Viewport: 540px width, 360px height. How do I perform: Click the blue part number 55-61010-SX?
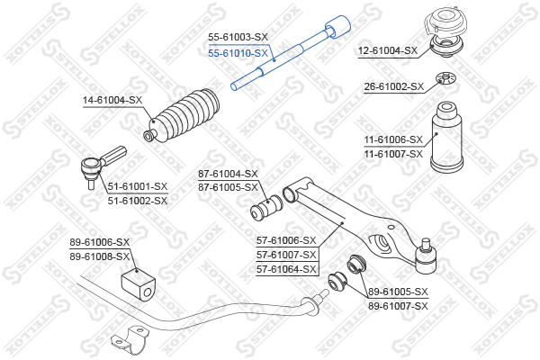[238, 53]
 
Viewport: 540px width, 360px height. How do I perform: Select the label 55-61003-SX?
[238, 37]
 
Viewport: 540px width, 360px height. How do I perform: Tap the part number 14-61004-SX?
[112, 100]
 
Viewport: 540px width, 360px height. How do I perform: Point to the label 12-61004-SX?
[388, 50]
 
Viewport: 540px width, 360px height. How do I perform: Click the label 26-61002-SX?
[394, 86]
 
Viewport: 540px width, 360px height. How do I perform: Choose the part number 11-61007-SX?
[393, 154]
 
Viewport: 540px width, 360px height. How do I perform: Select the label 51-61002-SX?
[138, 201]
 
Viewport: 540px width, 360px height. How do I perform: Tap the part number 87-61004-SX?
[228, 174]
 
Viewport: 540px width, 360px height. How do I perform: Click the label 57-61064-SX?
[286, 269]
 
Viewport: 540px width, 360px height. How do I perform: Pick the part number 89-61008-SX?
[100, 256]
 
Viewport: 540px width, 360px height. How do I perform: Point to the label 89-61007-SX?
[398, 306]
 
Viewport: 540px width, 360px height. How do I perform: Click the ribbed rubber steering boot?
[182, 115]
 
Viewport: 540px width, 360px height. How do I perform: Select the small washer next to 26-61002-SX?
[445, 78]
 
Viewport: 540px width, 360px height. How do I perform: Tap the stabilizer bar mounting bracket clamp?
[128, 339]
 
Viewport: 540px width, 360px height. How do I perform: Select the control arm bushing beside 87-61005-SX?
[266, 208]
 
